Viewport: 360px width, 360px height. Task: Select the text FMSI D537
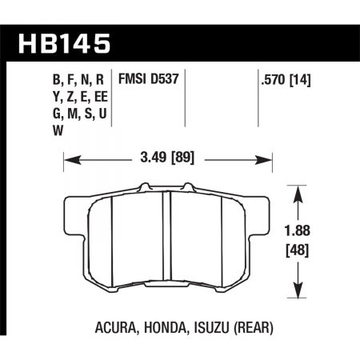(146, 80)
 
